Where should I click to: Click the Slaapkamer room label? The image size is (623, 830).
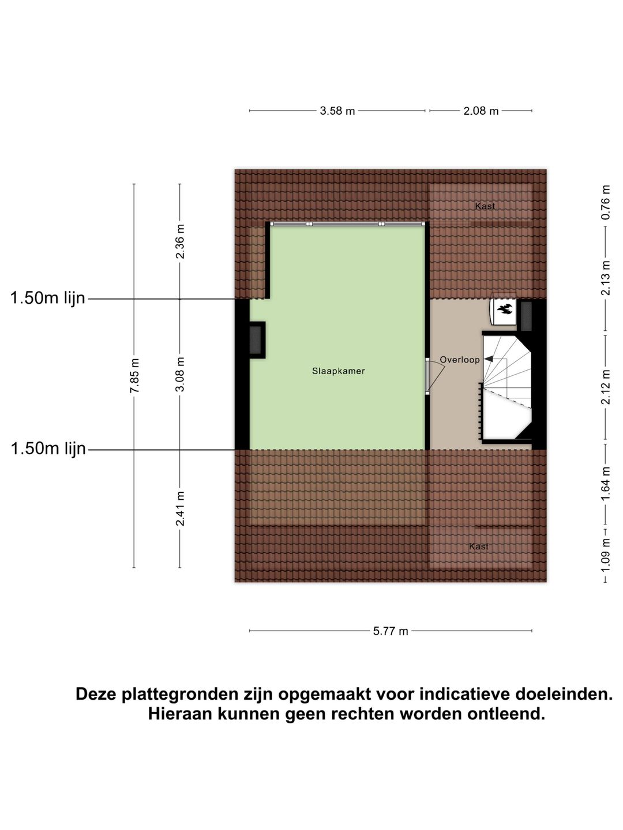[x=339, y=371]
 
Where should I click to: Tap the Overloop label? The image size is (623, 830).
[x=460, y=360]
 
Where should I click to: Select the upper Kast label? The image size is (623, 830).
[x=485, y=206]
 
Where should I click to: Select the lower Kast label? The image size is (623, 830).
[x=479, y=546]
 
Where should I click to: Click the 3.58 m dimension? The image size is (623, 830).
[x=337, y=111]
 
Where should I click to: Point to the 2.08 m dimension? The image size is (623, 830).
[x=481, y=111]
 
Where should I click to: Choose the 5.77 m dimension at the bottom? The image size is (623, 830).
[x=391, y=631]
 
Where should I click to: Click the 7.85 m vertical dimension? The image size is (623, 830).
[x=134, y=376]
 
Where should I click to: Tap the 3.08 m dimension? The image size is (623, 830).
[x=181, y=374]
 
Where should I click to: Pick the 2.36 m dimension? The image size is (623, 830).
[x=181, y=241]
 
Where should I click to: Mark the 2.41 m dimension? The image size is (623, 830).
[x=181, y=508]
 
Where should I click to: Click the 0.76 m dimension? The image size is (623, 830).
[x=606, y=202]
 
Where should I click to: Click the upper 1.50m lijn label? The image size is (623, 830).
[x=48, y=298]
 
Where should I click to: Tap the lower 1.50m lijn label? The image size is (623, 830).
[x=48, y=448]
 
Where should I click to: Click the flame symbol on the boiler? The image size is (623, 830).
[x=504, y=310]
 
